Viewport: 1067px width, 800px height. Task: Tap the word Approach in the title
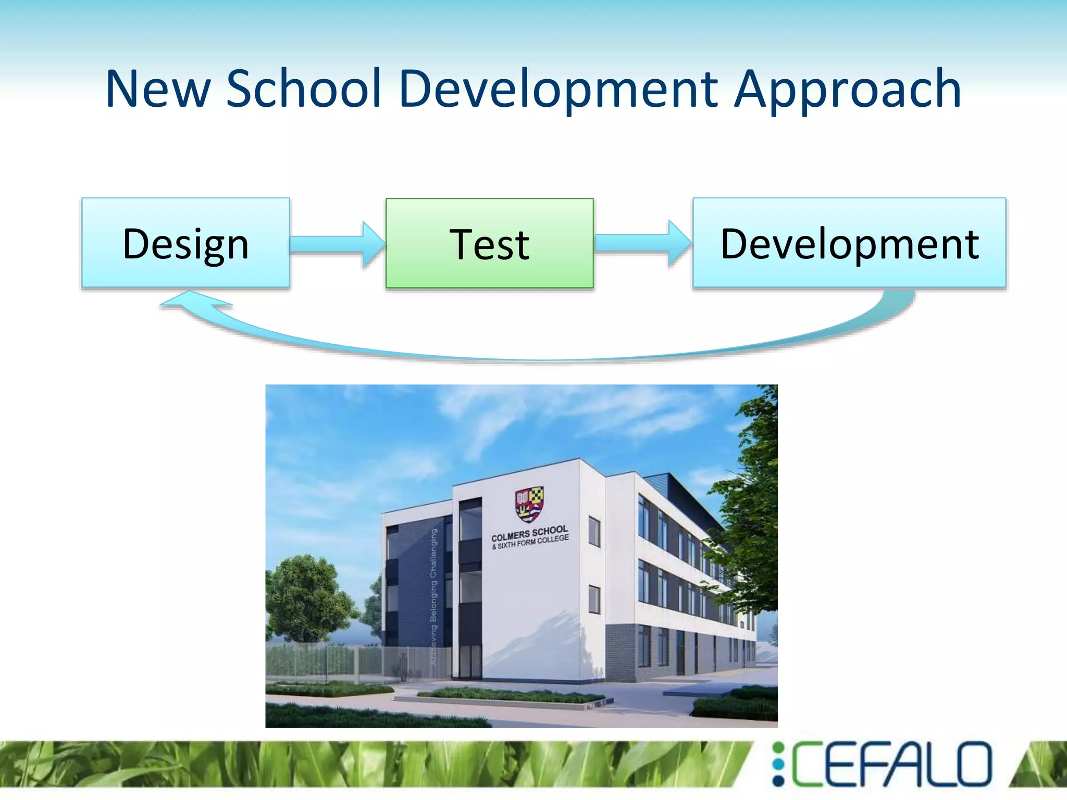click(x=848, y=90)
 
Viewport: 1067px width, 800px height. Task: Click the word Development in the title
click(x=558, y=90)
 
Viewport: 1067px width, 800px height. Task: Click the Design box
click(x=185, y=243)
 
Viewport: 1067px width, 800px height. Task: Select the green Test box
click(x=489, y=243)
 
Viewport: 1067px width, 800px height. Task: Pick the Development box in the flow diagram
click(x=849, y=243)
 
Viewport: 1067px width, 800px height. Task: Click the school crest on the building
click(x=529, y=504)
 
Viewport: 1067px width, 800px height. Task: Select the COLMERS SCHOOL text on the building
click(x=529, y=533)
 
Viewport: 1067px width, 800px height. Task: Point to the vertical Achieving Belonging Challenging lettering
click(x=433, y=594)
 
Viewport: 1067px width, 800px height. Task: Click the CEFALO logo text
click(x=891, y=764)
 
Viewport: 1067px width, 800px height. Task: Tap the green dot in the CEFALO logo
click(x=778, y=748)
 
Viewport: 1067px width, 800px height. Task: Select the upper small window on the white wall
click(x=594, y=531)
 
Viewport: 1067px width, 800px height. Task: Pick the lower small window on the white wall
click(x=594, y=599)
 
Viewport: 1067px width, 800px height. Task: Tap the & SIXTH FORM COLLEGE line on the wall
click(x=530, y=543)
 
